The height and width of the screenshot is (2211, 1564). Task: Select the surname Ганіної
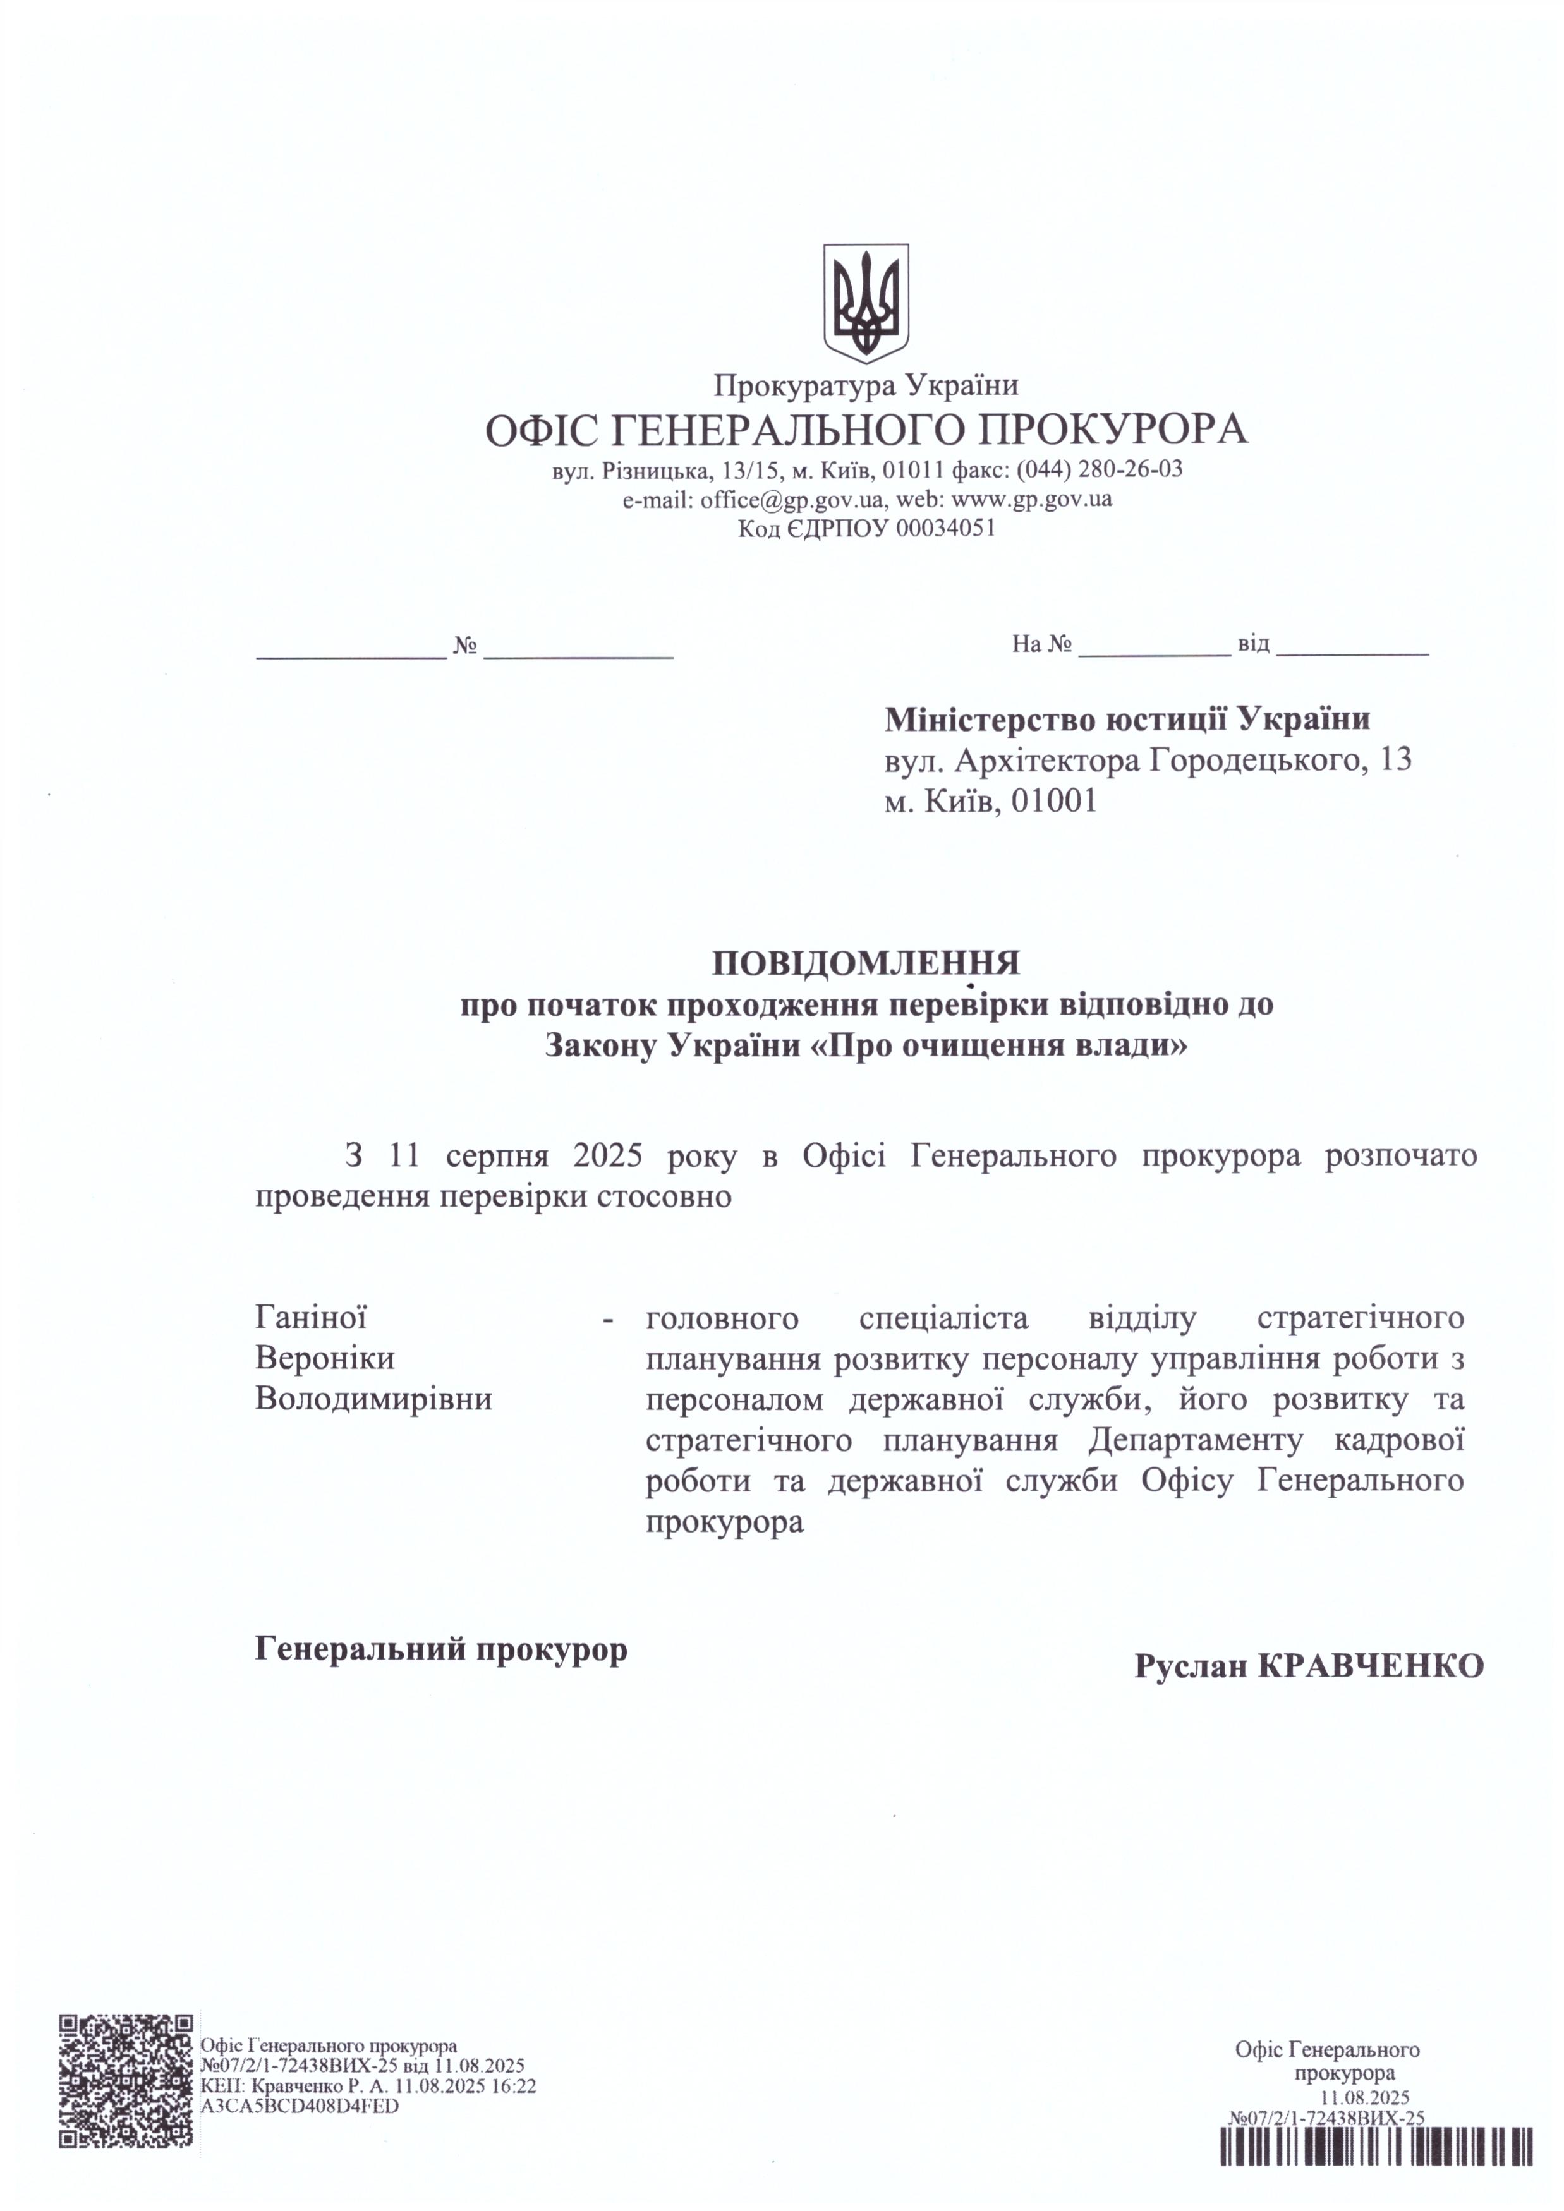310,1316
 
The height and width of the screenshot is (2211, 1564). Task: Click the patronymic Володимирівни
373,1398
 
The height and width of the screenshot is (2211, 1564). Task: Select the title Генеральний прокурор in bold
441,1649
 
